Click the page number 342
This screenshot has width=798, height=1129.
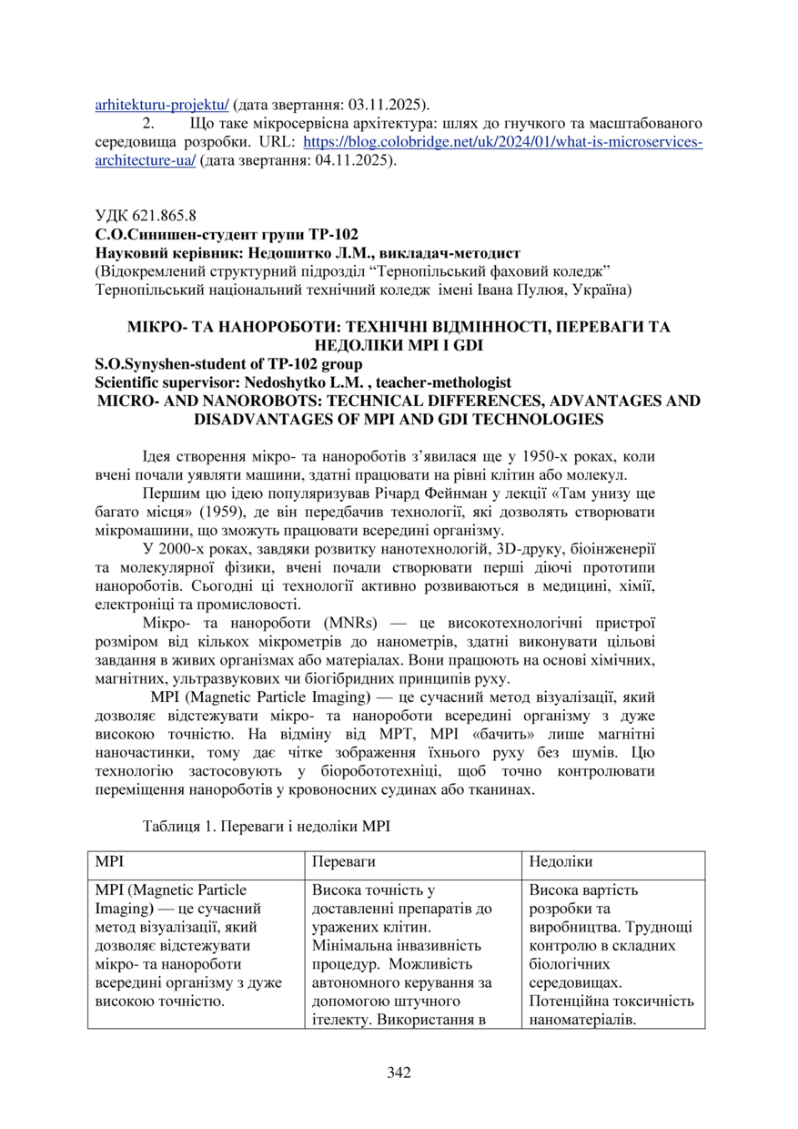[x=399, y=1072]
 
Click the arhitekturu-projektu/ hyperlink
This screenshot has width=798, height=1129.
[x=163, y=104]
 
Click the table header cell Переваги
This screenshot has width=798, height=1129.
[x=344, y=860]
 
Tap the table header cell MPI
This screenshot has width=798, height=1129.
[x=109, y=860]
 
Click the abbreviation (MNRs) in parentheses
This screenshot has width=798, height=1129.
[x=340, y=623]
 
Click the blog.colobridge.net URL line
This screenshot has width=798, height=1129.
[x=501, y=142]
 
